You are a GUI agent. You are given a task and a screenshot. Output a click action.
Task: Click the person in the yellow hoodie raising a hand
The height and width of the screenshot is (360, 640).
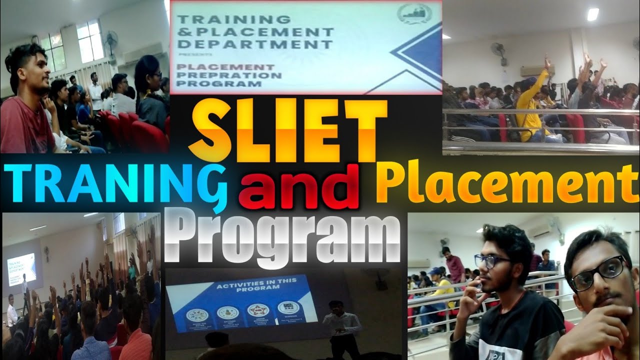(x=528, y=107)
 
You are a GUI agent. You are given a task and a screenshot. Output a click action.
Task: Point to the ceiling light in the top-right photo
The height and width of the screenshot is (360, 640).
(x=593, y=14)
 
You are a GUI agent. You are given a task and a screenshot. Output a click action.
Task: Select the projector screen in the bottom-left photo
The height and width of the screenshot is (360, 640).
(x=21, y=268)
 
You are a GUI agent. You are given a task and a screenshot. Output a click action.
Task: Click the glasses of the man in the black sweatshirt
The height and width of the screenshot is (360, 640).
(x=492, y=260)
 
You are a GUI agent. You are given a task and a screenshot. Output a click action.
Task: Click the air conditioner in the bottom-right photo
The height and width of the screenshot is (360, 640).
(x=537, y=231)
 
